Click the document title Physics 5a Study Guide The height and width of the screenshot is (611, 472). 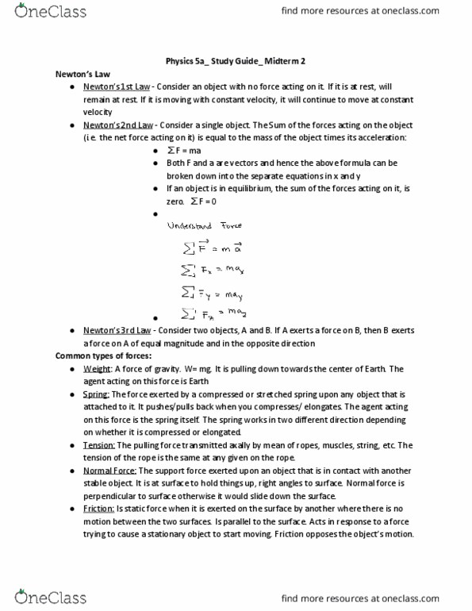click(x=236, y=60)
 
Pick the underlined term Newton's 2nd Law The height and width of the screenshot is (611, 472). click(x=115, y=125)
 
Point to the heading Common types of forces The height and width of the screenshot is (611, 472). click(x=100, y=355)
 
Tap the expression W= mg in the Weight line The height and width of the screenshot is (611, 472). click(x=221, y=368)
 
